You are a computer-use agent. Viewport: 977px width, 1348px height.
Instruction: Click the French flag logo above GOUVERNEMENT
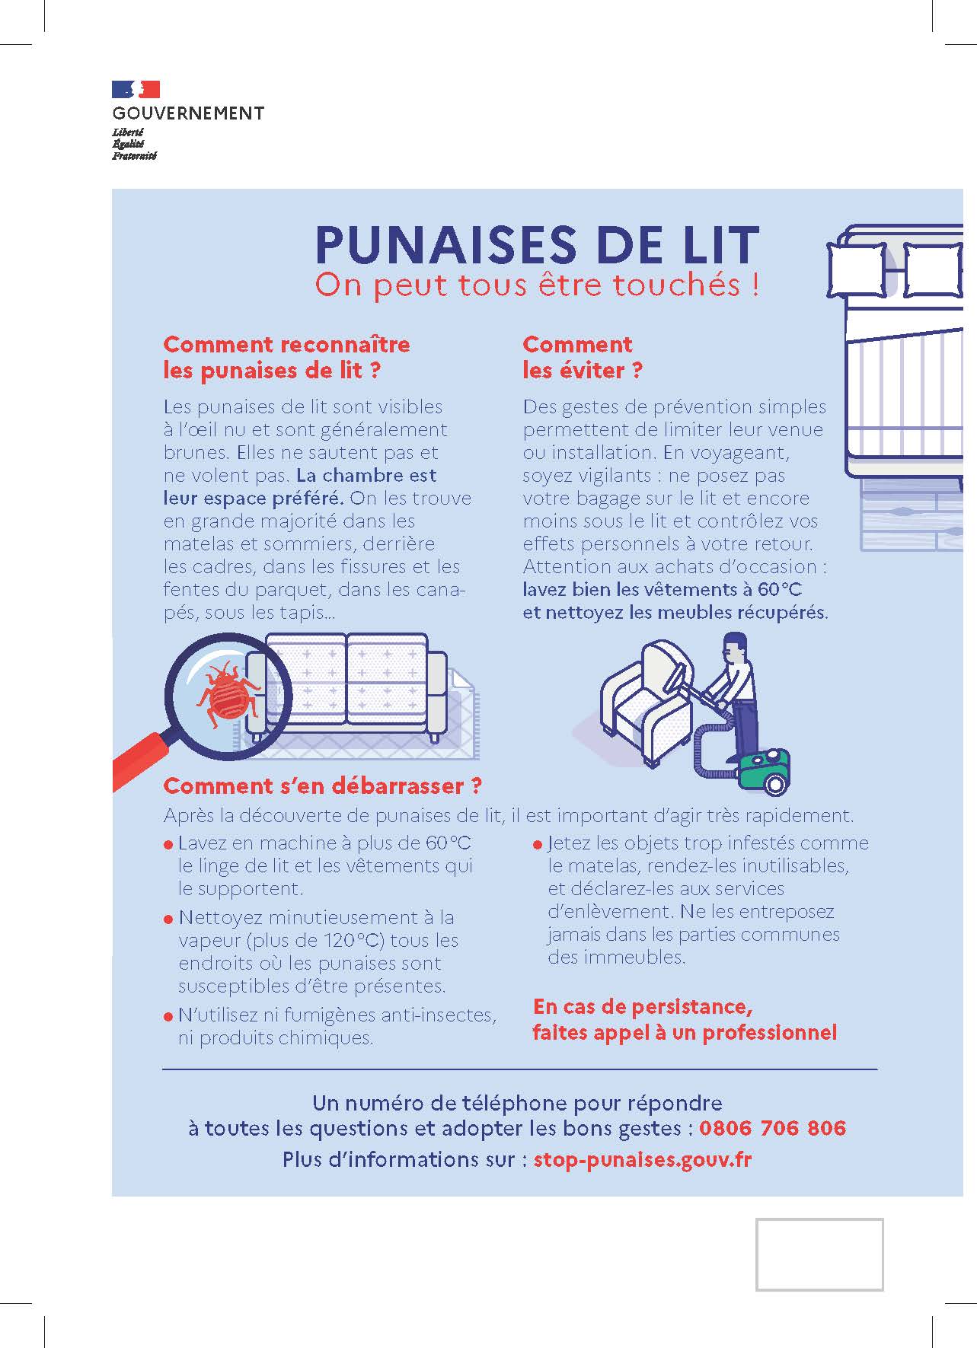[x=136, y=90]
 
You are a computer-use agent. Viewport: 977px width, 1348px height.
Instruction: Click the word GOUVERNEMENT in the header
[x=188, y=113]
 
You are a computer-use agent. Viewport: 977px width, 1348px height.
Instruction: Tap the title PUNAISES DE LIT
[x=537, y=244]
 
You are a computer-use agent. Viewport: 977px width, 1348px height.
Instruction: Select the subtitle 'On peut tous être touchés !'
[x=537, y=285]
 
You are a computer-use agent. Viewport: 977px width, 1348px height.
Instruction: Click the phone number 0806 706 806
[x=772, y=1128]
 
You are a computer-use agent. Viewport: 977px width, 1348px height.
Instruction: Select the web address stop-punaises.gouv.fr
[x=642, y=1159]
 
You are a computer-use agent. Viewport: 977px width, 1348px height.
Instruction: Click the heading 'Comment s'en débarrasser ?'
[x=323, y=786]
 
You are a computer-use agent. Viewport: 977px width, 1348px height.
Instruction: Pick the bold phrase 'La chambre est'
[x=366, y=476]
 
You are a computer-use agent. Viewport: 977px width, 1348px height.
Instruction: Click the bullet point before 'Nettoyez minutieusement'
[x=168, y=919]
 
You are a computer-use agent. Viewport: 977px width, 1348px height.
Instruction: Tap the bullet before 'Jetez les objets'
[x=538, y=845]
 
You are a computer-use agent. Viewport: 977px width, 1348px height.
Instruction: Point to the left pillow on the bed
[x=856, y=269]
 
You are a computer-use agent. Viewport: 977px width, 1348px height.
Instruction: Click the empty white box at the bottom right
[x=819, y=1254]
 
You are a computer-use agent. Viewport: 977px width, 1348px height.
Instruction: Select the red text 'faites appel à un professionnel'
[x=684, y=1033]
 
